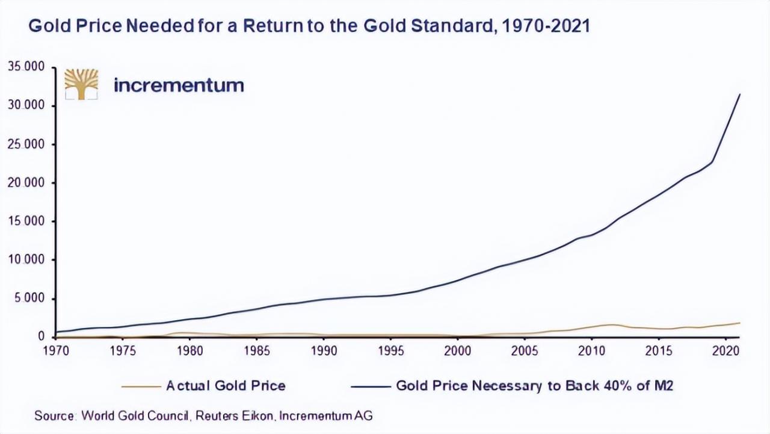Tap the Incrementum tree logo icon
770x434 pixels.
click(81, 84)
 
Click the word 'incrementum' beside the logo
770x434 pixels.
click(179, 85)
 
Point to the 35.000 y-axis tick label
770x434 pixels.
click(26, 67)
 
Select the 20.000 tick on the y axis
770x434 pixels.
click(26, 183)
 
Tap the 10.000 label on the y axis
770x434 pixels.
click(26, 260)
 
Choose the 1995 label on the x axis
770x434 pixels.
click(390, 350)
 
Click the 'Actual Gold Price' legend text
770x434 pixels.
click(226, 385)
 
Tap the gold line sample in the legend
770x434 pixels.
click(141, 386)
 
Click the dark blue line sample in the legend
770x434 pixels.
click(371, 386)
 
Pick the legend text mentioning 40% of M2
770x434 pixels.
click(534, 385)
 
